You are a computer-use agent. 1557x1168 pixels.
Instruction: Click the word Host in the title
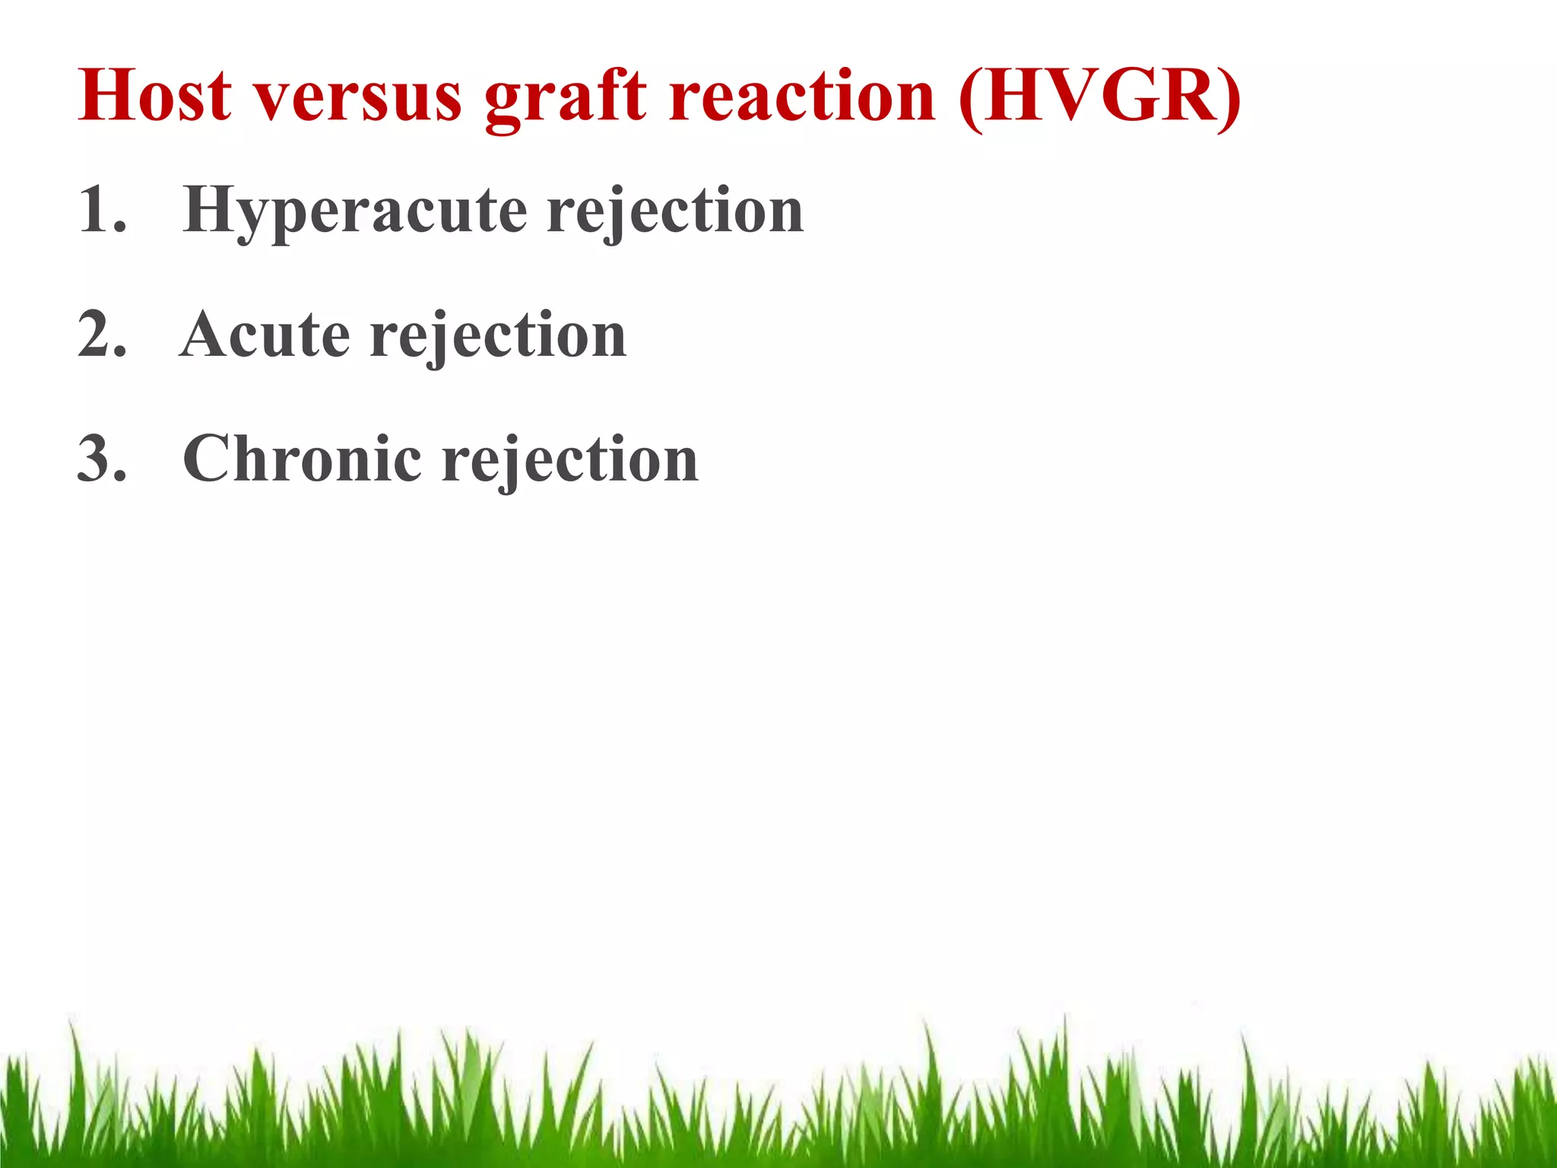pos(154,96)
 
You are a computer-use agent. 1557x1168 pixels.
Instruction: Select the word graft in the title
pos(566,99)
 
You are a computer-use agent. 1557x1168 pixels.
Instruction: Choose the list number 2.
pos(101,335)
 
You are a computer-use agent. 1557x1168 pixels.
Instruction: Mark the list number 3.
pos(101,459)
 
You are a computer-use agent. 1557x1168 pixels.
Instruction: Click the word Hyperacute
pos(355,211)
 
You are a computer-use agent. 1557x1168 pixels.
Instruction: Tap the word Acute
pos(265,335)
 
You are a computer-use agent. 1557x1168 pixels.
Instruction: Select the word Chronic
pos(302,459)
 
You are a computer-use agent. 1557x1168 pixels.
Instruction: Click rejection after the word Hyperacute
pos(675,211)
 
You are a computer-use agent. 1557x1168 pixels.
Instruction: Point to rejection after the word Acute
pos(498,336)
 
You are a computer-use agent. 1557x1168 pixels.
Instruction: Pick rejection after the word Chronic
pos(570,461)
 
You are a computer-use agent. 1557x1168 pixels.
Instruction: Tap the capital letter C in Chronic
pos(209,459)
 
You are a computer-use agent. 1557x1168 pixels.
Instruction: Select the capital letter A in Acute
pos(206,335)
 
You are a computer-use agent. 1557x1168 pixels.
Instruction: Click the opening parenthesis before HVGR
pos(971,99)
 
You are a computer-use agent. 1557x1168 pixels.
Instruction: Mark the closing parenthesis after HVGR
pos(1229,99)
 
